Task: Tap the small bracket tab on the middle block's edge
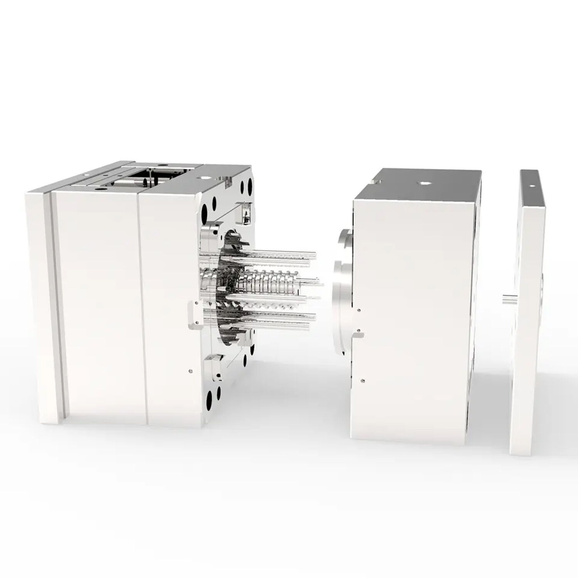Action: click(x=359, y=334)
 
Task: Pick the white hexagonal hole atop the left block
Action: click(x=203, y=178)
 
